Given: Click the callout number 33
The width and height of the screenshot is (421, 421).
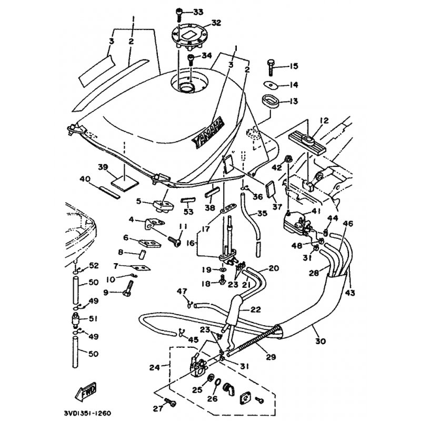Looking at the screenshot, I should coord(197,12).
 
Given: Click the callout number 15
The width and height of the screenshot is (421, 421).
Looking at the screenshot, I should coord(293,66).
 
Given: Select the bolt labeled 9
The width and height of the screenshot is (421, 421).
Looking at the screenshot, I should coord(128,287).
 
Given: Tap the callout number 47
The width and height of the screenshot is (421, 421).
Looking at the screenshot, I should coord(182,290).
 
